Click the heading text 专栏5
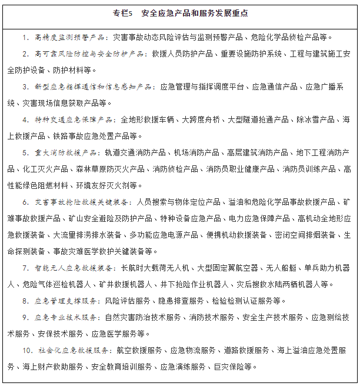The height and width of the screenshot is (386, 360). click(x=124, y=12)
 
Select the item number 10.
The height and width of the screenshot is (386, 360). click(x=26, y=351)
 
